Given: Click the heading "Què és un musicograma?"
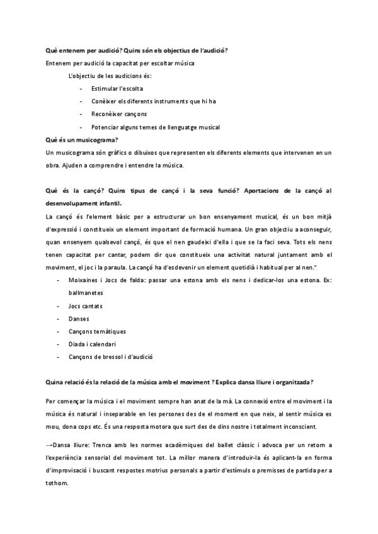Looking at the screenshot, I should pos(82,140).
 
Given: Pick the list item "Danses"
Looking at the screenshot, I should pos(79,319).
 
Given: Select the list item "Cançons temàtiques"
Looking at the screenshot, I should pos(97,331).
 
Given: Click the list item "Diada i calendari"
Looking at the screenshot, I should pos(92,344).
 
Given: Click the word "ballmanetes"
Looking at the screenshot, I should pos(85,293).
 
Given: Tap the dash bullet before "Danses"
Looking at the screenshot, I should pos(58,319).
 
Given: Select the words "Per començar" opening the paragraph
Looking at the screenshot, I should pos(67,401).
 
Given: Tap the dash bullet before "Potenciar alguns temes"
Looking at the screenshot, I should pos(82,127).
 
